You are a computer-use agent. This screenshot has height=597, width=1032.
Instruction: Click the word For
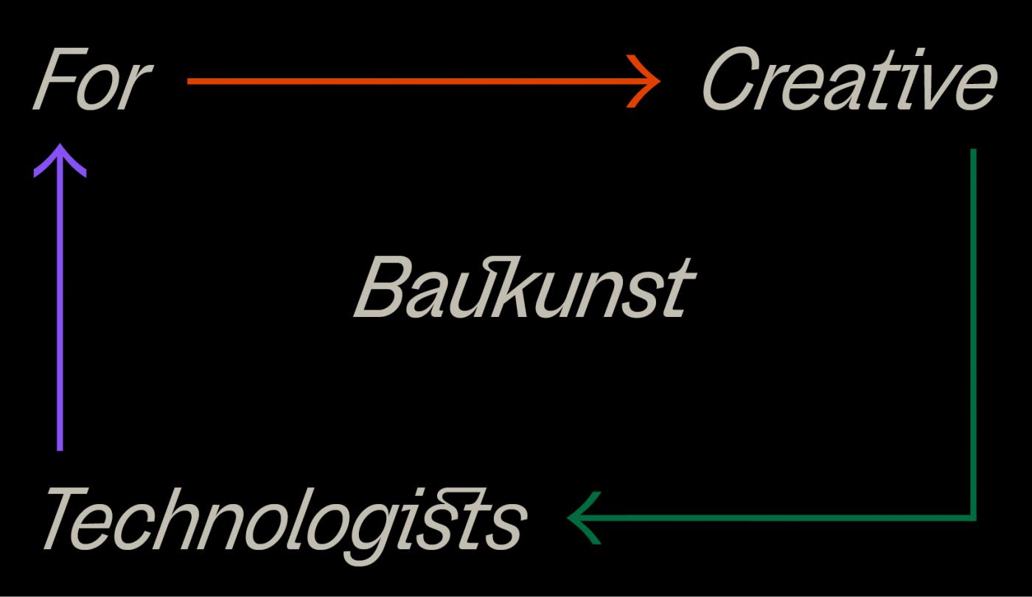[x=92, y=79]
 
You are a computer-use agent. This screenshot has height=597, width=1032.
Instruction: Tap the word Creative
[x=849, y=79]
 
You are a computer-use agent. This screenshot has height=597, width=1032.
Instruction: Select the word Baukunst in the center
[x=524, y=287]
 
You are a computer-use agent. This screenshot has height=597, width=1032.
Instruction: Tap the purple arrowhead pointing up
[x=60, y=159]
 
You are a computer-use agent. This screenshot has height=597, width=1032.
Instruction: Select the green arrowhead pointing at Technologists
[x=583, y=517]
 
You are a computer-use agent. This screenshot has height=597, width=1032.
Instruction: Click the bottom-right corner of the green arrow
[x=974, y=518]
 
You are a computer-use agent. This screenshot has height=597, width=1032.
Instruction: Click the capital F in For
[x=60, y=79]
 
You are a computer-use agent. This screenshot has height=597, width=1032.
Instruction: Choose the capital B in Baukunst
[x=385, y=287]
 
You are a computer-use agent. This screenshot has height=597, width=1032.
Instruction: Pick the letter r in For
[x=136, y=88]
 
